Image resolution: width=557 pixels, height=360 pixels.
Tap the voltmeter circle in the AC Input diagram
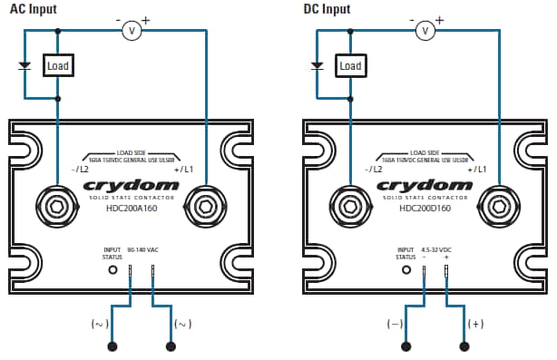pos(132,31)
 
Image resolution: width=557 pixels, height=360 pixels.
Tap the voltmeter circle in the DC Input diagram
pos(425,31)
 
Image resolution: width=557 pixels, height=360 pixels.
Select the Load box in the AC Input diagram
pos(58,65)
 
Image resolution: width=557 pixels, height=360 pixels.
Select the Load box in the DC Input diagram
pos(350,65)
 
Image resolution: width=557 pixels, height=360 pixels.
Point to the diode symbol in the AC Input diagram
pos(24,65)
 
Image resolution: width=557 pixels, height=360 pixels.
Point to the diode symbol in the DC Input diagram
pos(318,65)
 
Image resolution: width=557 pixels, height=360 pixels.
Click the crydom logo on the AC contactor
pos(131,185)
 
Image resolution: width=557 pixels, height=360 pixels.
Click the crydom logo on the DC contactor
pos(425,185)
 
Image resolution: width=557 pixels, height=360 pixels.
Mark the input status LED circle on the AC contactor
pos(112,269)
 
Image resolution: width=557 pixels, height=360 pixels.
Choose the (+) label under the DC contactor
pos(475,323)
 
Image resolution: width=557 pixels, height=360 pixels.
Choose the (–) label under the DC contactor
pos(394,323)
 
